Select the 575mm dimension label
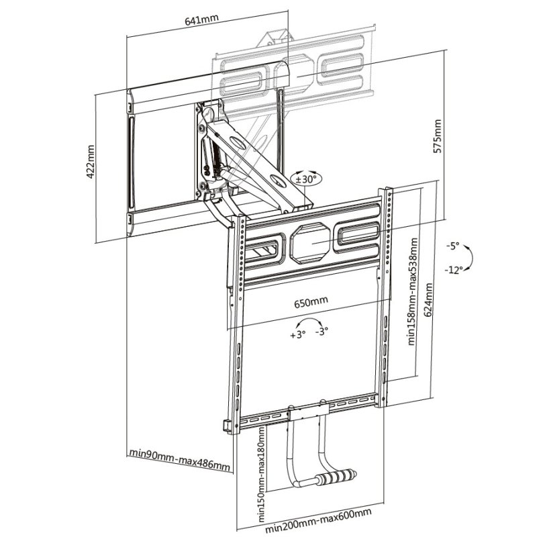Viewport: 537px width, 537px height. coord(438,137)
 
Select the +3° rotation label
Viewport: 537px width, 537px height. coord(298,334)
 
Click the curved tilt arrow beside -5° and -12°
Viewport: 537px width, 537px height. coord(472,258)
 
